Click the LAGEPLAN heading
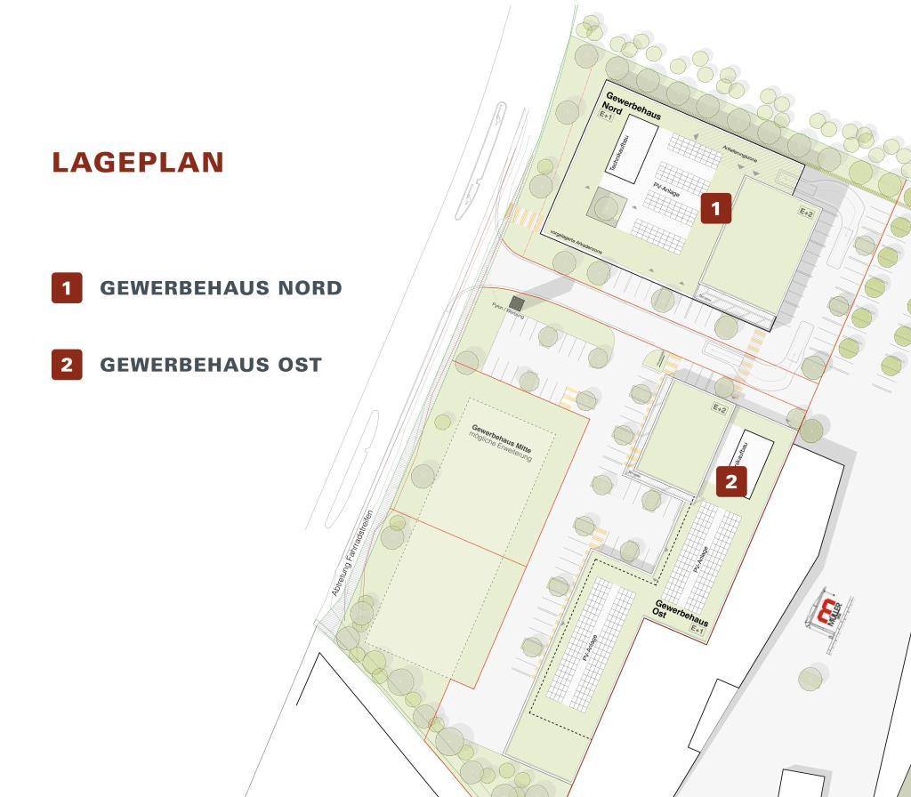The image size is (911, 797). pyautogui.click(x=138, y=163)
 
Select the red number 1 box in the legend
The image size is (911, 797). pyautogui.click(x=67, y=288)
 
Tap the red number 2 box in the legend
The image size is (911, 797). pyautogui.click(x=67, y=365)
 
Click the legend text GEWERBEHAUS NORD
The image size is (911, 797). pyautogui.click(x=221, y=288)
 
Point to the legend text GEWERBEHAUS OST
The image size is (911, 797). pyautogui.click(x=211, y=365)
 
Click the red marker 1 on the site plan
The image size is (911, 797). pyautogui.click(x=716, y=208)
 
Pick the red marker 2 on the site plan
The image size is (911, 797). pyautogui.click(x=731, y=483)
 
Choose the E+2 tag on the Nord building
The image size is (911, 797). pyautogui.click(x=806, y=213)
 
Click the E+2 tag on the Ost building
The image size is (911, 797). pyautogui.click(x=719, y=408)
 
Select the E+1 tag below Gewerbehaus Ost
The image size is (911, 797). pyautogui.click(x=697, y=628)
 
